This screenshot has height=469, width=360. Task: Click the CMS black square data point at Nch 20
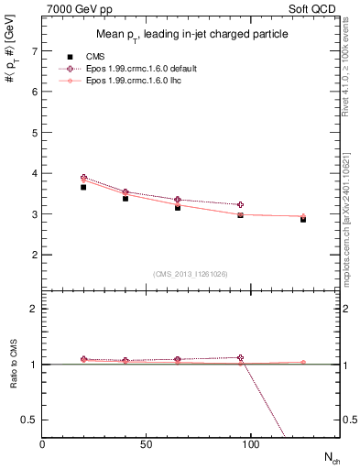pyautogui.click(x=84, y=187)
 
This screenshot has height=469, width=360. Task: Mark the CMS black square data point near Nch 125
pyautogui.click(x=303, y=219)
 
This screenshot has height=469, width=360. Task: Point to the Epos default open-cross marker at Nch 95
pyautogui.click(x=241, y=205)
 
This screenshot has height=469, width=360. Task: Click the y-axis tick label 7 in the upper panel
pyautogui.click(x=34, y=51)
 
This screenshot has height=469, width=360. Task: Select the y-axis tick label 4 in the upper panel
pyautogui.click(x=34, y=173)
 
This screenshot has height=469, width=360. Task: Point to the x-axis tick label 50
pyautogui.click(x=147, y=443)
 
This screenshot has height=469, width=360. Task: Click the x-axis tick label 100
pyautogui.click(x=251, y=443)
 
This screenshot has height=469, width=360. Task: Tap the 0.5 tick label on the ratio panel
pyautogui.click(x=30, y=420)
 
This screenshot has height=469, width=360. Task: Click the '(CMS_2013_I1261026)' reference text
pyautogui.click(x=191, y=274)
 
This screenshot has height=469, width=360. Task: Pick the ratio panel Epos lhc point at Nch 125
pyautogui.click(x=303, y=363)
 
